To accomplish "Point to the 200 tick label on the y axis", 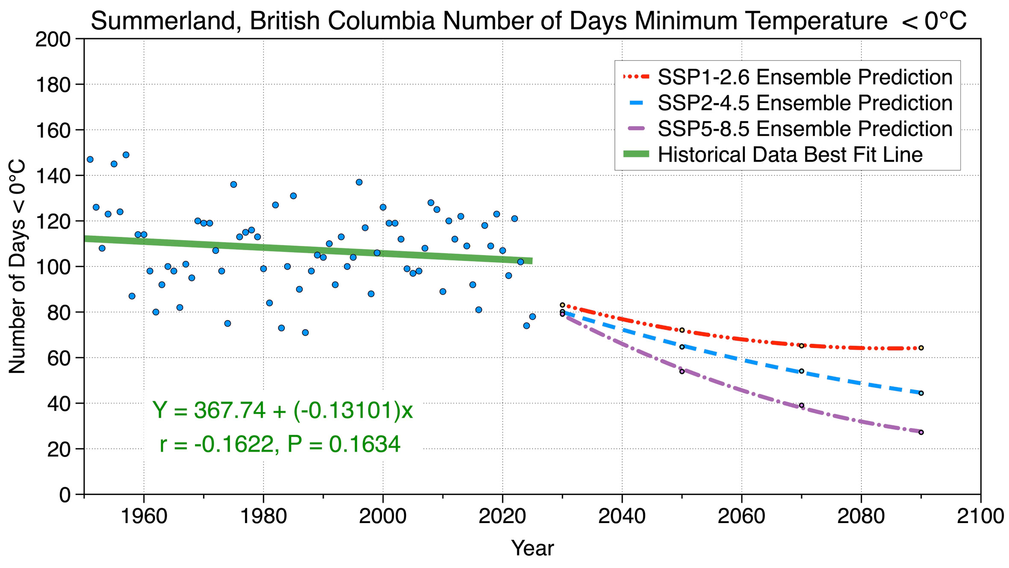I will tap(53, 39).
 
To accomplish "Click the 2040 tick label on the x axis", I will tap(622, 516).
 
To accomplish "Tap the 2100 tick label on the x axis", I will tap(980, 516).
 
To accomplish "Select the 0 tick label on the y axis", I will tap(65, 495).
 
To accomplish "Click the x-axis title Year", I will tap(532, 548).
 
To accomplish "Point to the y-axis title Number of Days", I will tap(18, 266).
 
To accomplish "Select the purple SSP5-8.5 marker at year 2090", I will tap(921, 432).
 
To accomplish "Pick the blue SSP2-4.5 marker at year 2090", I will tap(921, 393).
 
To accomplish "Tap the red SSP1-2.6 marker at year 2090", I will tap(921, 348).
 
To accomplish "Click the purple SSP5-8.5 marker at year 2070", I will tap(802, 405).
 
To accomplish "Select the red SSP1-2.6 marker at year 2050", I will tap(682, 330).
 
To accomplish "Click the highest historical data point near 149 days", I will tap(126, 155).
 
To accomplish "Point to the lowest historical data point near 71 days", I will tap(305, 332).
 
